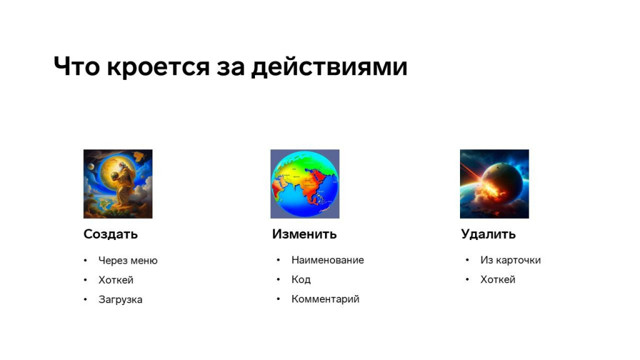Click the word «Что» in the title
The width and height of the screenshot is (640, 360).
77,66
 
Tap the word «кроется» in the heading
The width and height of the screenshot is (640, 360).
158,67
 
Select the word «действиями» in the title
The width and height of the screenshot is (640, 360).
329,67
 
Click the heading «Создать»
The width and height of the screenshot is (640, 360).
111,234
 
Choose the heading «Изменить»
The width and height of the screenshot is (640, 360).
304,234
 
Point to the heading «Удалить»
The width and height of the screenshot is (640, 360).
488,234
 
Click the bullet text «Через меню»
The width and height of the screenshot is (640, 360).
127,261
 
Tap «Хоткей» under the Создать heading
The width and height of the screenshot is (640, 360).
116,280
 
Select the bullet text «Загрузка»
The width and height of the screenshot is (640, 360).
121,299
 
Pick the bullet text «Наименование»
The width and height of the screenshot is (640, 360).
327,260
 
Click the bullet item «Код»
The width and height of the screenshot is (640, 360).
301,279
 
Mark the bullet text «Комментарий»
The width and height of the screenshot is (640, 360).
325,299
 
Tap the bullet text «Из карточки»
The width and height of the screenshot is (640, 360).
510,260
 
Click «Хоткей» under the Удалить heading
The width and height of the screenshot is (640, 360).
497,279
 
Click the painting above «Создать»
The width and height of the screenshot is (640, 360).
118,184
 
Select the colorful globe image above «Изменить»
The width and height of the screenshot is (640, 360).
305,184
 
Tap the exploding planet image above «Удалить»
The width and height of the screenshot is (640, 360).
494,184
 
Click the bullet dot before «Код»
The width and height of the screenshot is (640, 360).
278,279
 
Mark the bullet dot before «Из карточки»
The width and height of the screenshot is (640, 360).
467,260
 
